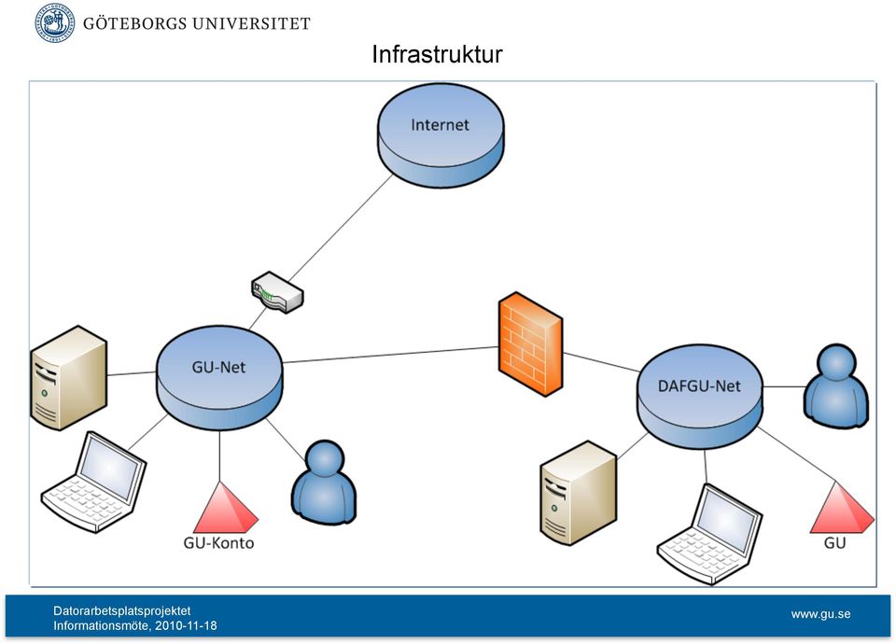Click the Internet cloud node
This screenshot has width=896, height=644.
click(x=441, y=135)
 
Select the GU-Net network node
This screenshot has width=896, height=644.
click(x=219, y=377)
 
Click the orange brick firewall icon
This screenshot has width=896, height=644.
click(x=530, y=344)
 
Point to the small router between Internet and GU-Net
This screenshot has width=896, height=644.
click(x=277, y=292)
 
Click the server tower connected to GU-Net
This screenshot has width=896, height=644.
click(x=68, y=378)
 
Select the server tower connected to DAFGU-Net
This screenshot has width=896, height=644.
click(x=579, y=493)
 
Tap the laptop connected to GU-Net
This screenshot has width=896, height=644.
click(x=94, y=483)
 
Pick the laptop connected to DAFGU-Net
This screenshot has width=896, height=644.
click(x=709, y=534)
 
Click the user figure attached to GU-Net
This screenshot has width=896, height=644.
click(x=324, y=481)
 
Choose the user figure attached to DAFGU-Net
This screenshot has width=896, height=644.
click(x=836, y=385)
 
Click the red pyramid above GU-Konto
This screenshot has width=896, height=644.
click(x=225, y=508)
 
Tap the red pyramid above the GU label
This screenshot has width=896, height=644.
click(x=842, y=508)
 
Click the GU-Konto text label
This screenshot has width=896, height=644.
click(x=218, y=542)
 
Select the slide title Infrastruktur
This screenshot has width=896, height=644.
click(x=437, y=54)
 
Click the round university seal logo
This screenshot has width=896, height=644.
click(x=55, y=23)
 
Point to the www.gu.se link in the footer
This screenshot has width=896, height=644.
click(x=820, y=614)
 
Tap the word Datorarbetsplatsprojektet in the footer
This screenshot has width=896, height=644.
click(x=122, y=610)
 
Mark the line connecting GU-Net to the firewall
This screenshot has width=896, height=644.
click(x=390, y=355)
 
